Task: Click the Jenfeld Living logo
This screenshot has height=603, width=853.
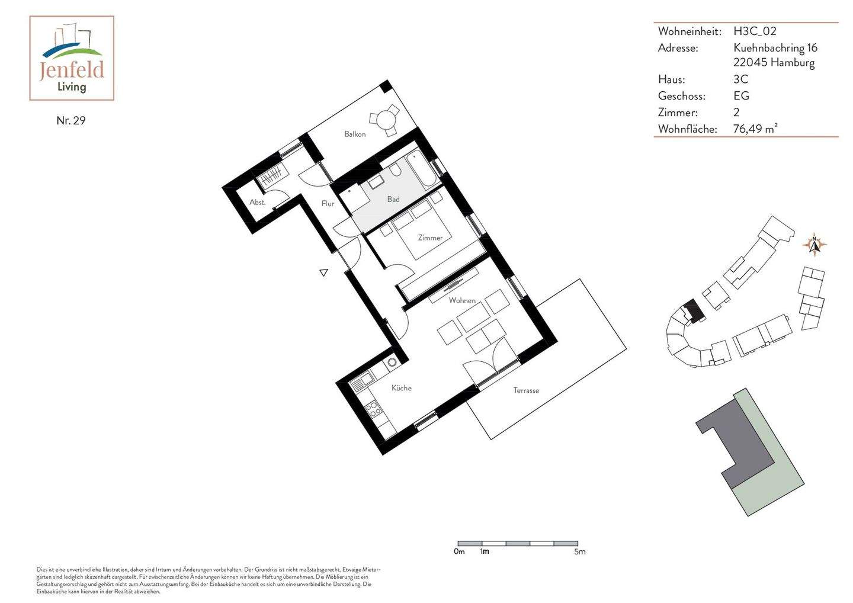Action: (x=72, y=58)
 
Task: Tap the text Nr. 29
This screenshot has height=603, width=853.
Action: (x=71, y=121)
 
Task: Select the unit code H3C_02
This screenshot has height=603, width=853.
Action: (x=755, y=31)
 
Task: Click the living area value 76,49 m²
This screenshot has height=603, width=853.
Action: (x=755, y=129)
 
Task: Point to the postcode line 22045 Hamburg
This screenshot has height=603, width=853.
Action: (x=774, y=63)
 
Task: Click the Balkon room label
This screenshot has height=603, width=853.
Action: (x=355, y=134)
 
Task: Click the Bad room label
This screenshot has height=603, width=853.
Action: (x=393, y=200)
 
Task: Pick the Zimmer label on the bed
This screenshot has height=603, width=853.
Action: (x=430, y=238)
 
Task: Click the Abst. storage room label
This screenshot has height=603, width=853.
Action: (x=257, y=203)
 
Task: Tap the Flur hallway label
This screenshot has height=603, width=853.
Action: (x=328, y=204)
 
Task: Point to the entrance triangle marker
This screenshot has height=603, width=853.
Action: (x=323, y=272)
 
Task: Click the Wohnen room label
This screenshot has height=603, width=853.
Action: (x=462, y=301)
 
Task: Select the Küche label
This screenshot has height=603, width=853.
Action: (x=401, y=388)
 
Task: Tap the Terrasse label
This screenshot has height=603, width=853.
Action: (x=526, y=390)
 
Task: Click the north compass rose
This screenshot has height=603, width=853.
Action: (x=814, y=244)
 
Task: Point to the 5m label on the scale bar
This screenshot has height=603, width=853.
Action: (x=579, y=552)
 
